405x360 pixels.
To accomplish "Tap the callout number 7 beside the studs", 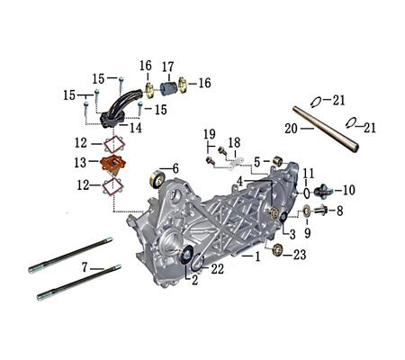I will coord(85,268).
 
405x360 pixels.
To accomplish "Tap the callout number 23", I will coord(301,255).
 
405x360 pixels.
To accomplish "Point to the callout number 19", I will coord(209,133).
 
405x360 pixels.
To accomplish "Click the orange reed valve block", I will coord(112,165).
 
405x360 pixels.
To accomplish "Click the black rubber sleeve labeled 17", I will coord(168,87).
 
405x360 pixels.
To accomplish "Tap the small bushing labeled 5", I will coord(278,162).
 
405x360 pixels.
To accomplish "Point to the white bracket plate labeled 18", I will coord(236,160).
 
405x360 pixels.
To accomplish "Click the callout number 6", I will coord(175,168).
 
